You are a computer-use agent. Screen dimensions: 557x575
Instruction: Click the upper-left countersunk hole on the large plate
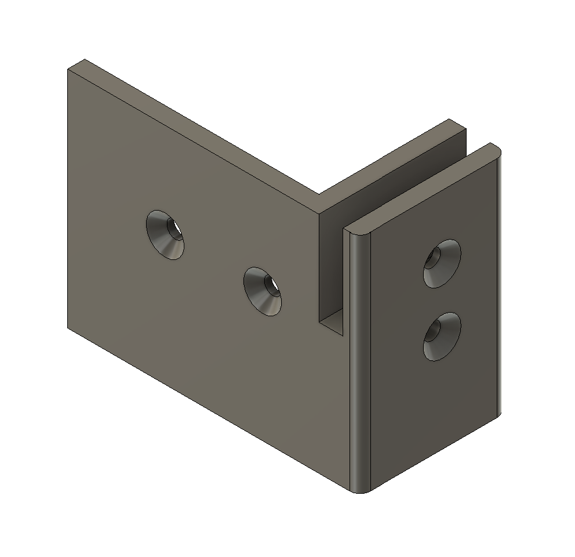point(165,234)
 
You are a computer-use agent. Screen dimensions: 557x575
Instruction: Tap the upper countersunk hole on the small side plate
point(442,263)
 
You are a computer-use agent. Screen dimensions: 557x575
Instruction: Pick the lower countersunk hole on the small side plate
point(442,337)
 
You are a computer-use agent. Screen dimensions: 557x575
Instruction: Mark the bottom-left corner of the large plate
point(68,327)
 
